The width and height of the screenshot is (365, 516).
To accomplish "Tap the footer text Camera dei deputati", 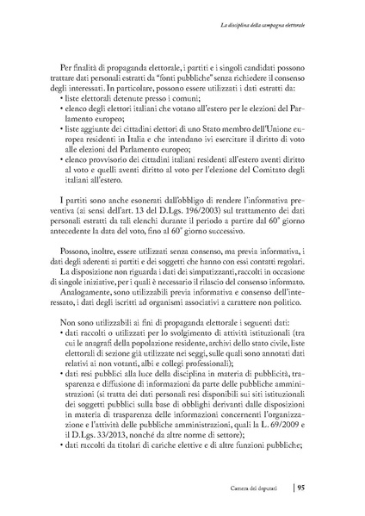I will [259, 487].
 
